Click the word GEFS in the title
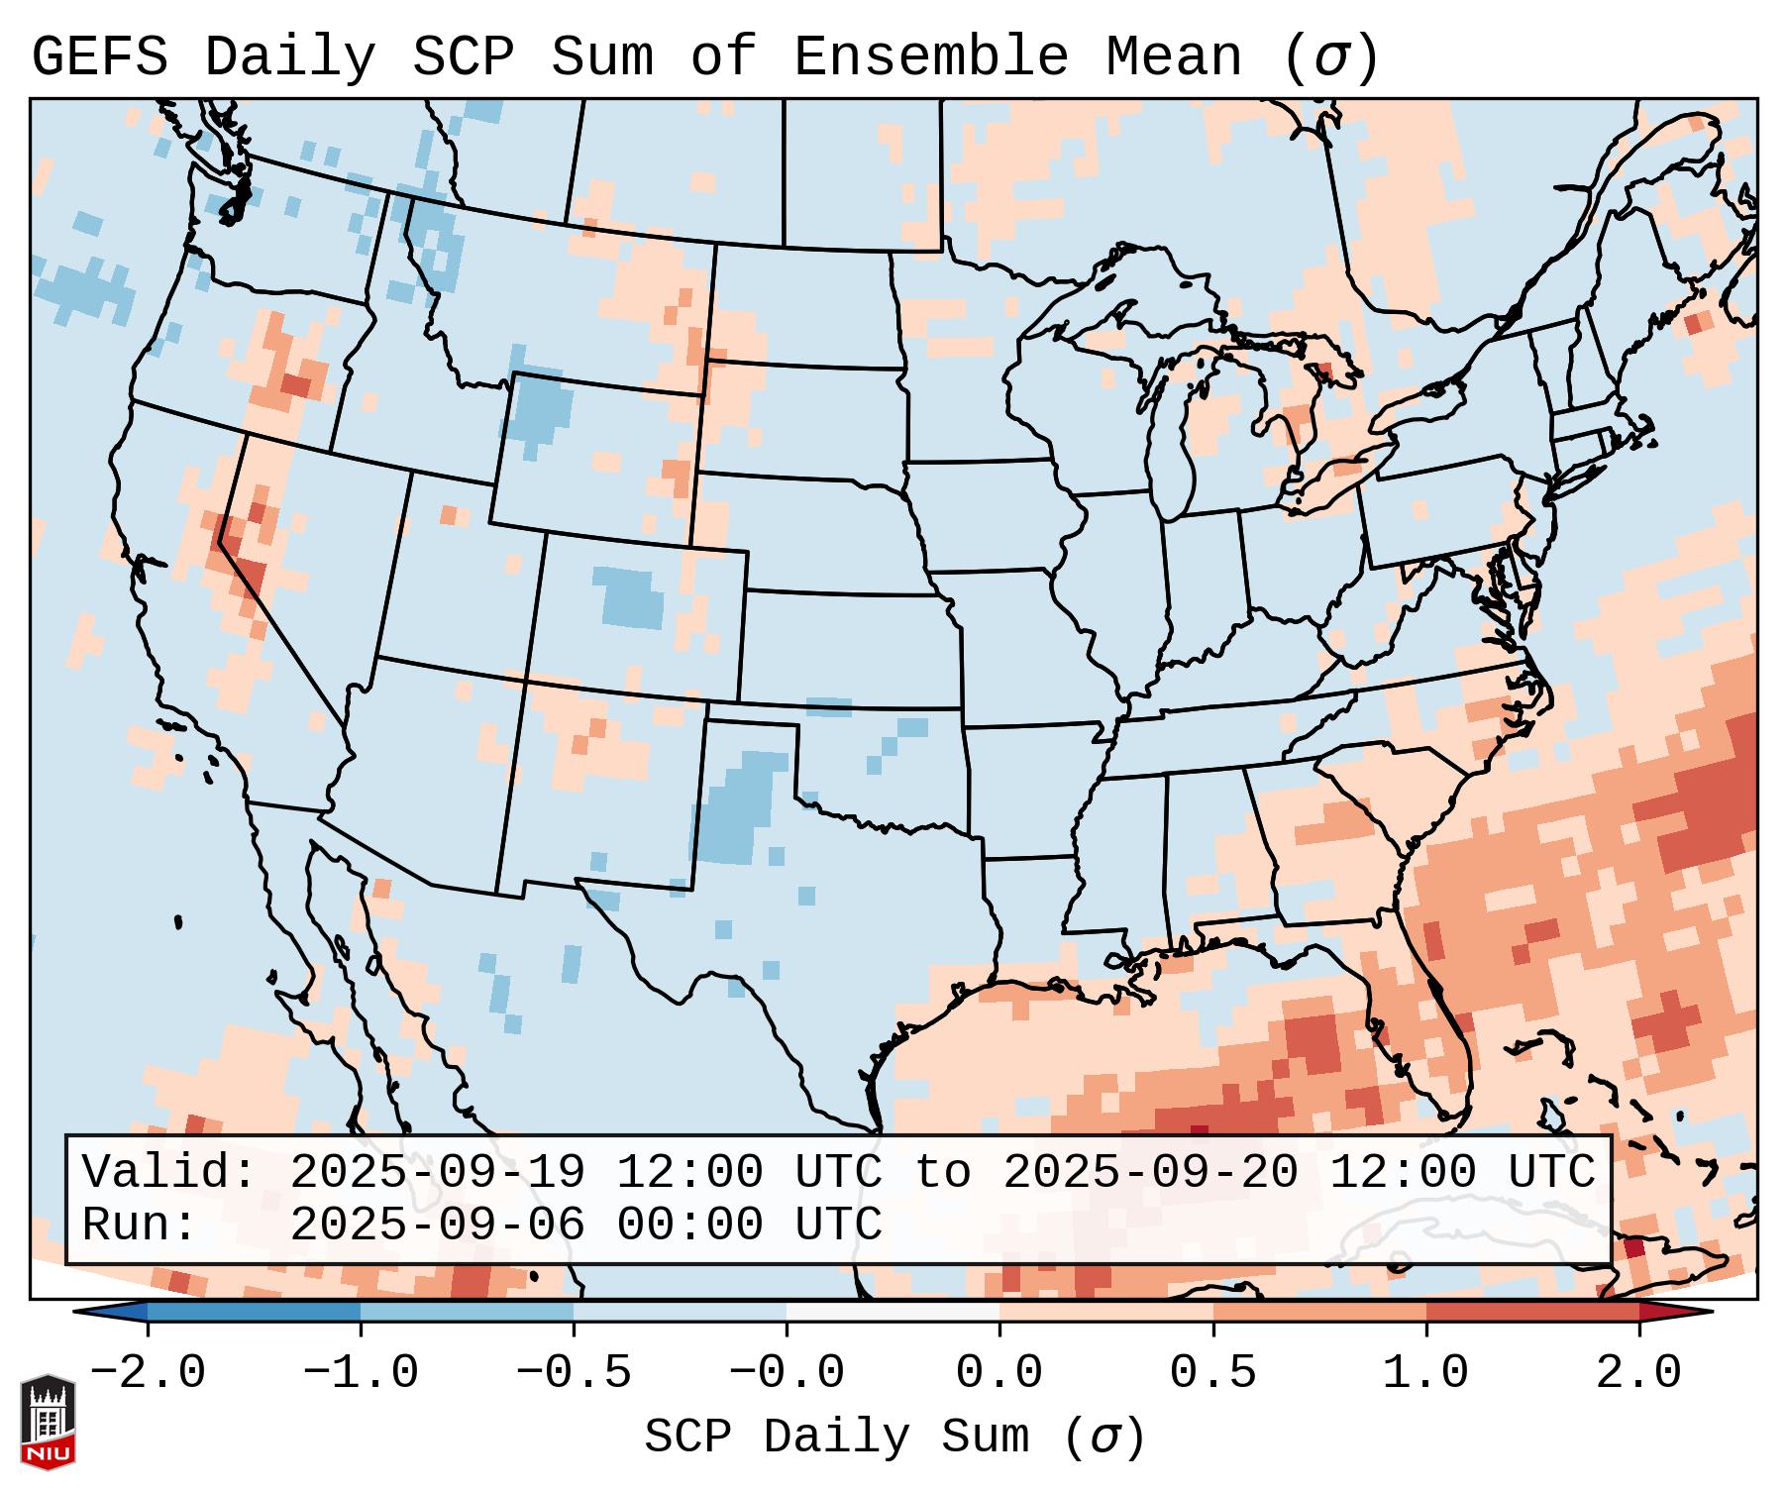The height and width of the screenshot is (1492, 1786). [99, 57]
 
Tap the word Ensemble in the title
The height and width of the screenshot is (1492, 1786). [930, 57]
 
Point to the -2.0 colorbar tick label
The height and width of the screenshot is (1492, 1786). [148, 1374]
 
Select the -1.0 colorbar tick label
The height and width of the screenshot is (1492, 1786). [361, 1374]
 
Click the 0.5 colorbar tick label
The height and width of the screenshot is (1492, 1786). [1212, 1374]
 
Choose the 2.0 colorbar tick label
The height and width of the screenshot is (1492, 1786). [1638, 1374]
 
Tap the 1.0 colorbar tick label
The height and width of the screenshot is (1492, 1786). [1425, 1374]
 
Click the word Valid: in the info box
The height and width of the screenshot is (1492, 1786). [169, 1172]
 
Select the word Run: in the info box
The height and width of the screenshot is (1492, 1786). [140, 1225]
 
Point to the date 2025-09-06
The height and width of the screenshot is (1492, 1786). [437, 1225]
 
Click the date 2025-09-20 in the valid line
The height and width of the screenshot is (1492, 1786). [1150, 1172]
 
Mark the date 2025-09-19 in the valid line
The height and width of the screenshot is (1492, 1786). [437, 1172]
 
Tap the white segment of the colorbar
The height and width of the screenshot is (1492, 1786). [893, 1313]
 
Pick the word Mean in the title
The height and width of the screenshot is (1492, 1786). [1174, 57]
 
